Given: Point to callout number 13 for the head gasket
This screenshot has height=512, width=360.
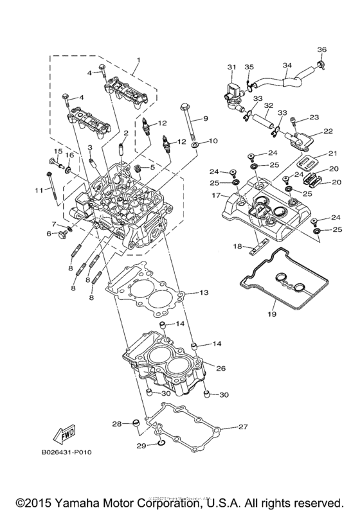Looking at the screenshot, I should coord(203,292).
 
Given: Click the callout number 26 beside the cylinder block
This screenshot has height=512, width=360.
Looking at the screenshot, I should coord(221,369).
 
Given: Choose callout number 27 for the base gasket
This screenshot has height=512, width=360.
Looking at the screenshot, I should coord(243,426).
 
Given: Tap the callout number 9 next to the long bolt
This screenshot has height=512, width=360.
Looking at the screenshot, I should coord(206,118).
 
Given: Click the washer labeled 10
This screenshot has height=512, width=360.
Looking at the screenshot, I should coord(194,141).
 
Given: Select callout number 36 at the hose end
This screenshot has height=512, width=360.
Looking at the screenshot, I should coord(322,49).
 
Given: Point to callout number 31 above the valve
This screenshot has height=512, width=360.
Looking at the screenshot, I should coord(232,67).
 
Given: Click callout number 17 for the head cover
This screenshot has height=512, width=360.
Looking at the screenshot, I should coord(217,195).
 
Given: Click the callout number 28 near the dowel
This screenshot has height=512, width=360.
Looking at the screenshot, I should coord(116,423).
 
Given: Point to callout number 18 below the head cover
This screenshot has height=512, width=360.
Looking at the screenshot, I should coord(237,246).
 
